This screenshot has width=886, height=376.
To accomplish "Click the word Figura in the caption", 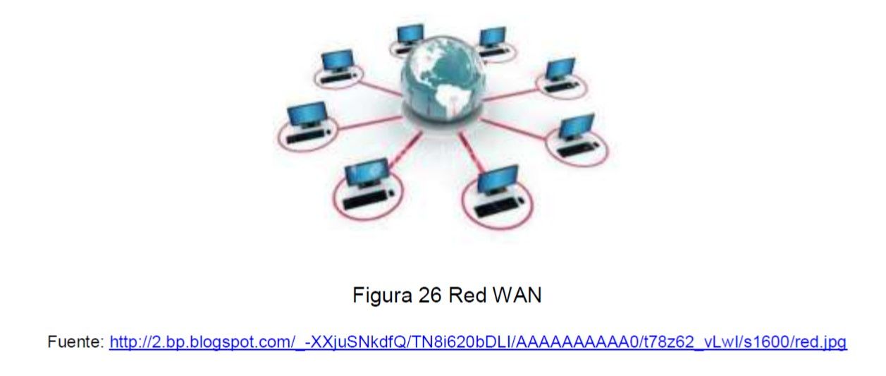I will click(379, 296).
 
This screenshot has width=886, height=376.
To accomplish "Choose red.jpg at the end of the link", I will click(820, 343).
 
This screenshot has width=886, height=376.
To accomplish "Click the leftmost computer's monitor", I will click(307, 114).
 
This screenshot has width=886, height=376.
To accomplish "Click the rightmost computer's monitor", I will click(577, 126).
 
